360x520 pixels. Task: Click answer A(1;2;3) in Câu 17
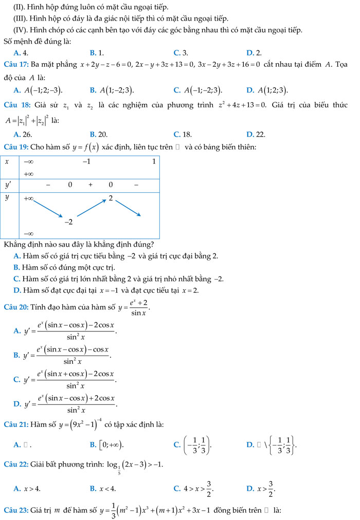pos(272,90)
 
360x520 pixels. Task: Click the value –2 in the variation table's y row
pos(68,222)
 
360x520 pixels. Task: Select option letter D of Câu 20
pos(17,404)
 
